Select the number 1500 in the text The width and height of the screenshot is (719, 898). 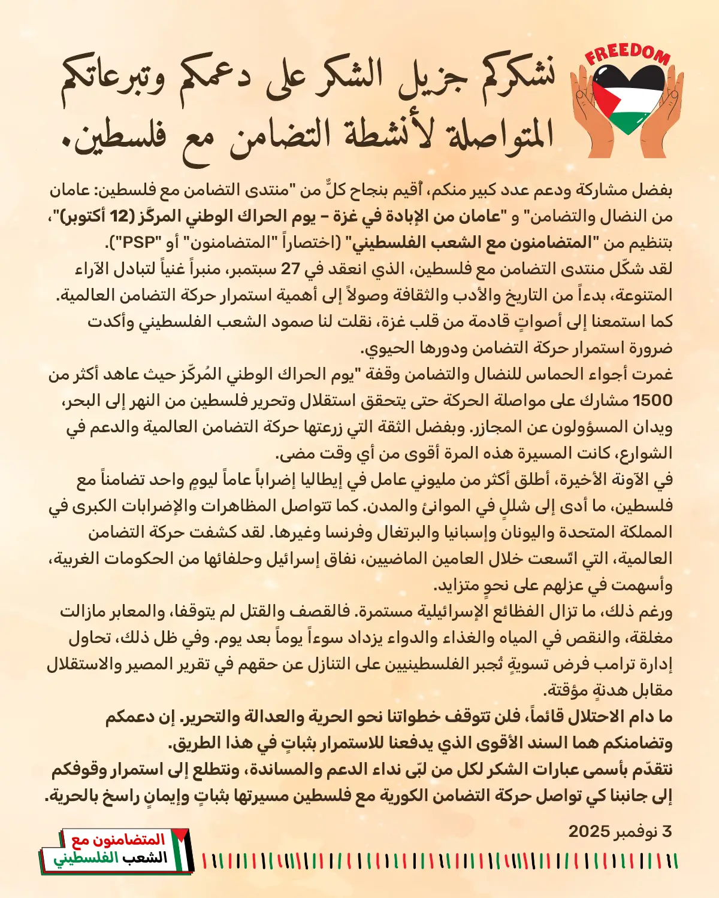pyautogui.click(x=652, y=401)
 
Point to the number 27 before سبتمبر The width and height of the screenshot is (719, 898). pyautogui.click(x=290, y=269)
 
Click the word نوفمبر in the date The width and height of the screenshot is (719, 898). pyautogui.click(x=636, y=831)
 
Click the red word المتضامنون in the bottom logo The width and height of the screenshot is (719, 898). pyautogui.click(x=135, y=839)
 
